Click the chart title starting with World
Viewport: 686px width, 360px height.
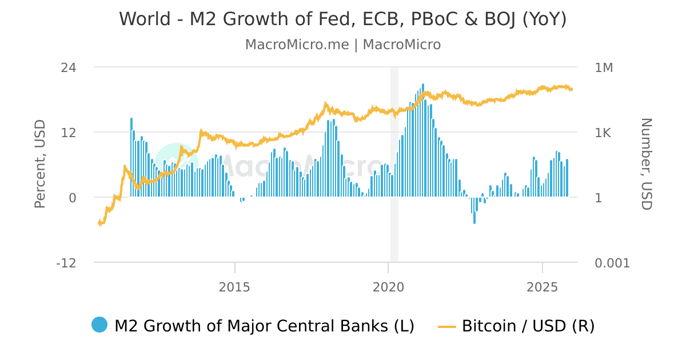point(342,19)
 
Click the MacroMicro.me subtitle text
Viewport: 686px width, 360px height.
point(342,45)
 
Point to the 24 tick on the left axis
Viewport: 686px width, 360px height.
point(69,67)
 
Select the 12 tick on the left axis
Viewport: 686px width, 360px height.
point(69,133)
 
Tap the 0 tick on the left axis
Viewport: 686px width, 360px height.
point(73,198)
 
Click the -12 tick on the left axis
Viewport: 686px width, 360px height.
point(66,263)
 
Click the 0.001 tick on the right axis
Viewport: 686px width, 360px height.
point(612,263)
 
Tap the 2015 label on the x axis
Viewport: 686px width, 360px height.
point(234,286)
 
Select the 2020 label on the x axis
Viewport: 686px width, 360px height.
point(388,286)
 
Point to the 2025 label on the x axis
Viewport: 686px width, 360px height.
point(542,286)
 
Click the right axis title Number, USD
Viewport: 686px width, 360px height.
point(646,164)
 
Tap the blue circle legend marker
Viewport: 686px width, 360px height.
point(99,325)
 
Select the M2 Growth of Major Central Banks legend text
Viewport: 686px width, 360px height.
point(264,326)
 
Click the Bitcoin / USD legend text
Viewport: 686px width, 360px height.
point(528,326)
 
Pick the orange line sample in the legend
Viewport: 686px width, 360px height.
point(447,327)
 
